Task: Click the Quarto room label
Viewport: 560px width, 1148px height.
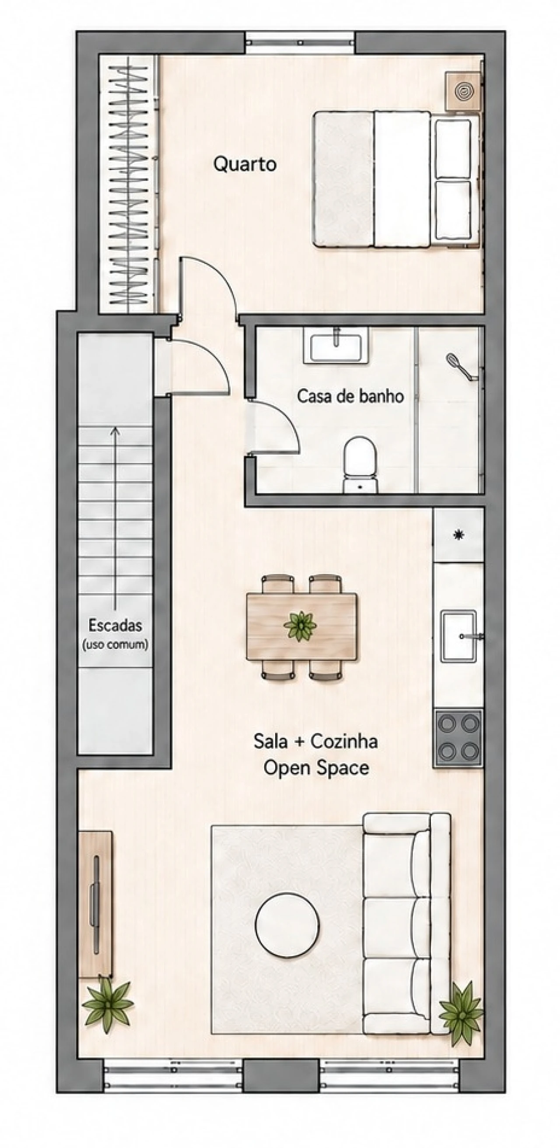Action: (245, 164)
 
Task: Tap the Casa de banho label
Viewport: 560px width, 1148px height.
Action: (350, 396)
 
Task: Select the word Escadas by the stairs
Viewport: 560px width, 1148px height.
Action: (115, 625)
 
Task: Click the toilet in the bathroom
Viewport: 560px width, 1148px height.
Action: (360, 464)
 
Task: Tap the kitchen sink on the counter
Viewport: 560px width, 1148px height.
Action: (459, 636)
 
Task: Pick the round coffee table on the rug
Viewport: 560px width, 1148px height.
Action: (287, 924)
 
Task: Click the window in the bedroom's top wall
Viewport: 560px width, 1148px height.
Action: (300, 43)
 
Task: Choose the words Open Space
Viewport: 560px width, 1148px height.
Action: (316, 768)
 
